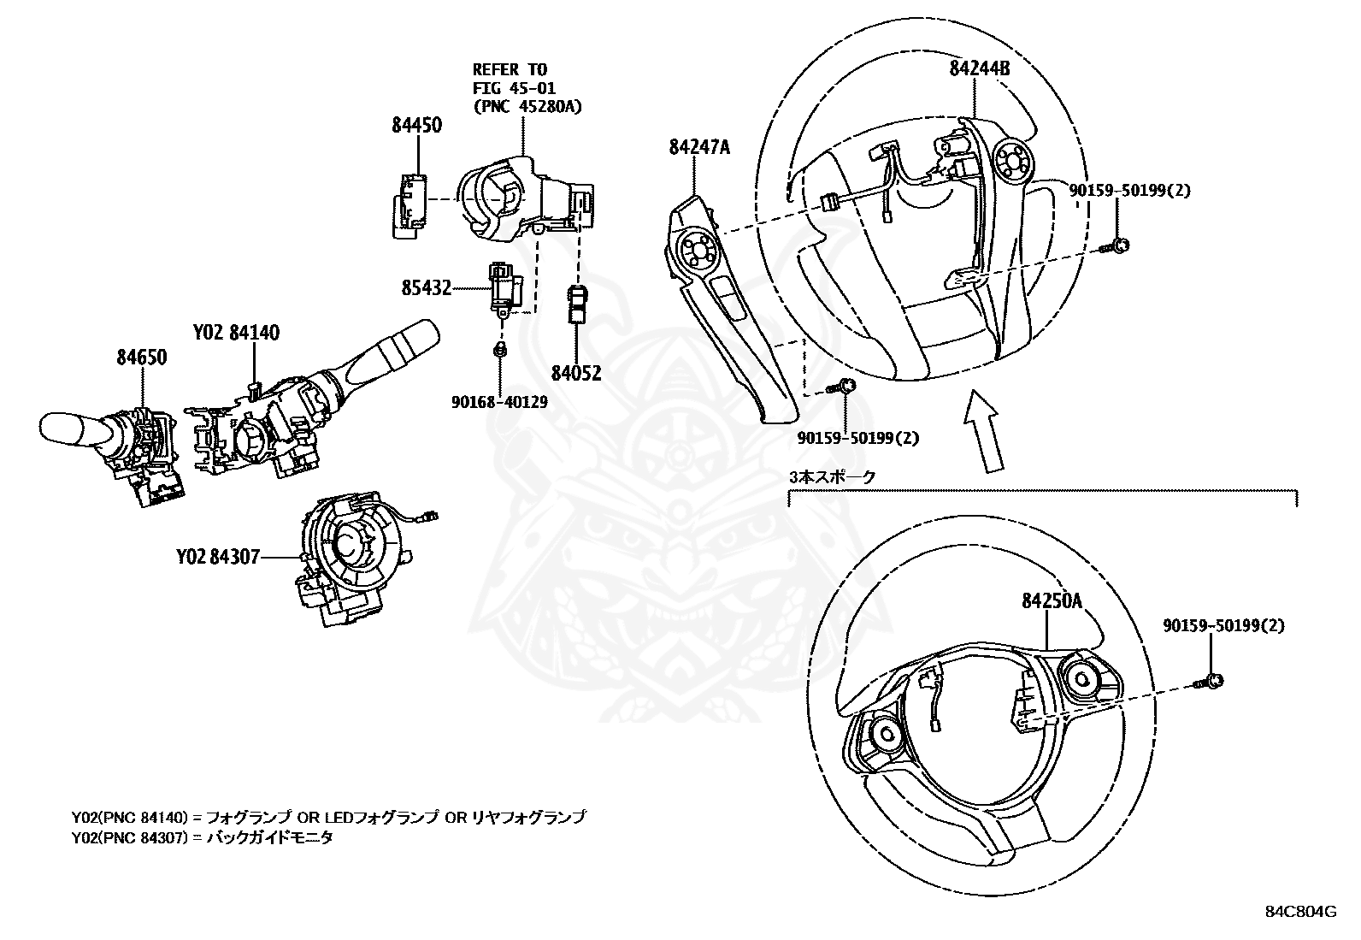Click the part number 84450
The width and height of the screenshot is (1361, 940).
click(x=417, y=125)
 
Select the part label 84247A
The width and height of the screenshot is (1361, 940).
click(x=699, y=147)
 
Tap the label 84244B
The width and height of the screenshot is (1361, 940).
click(x=980, y=68)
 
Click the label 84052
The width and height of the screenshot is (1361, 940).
click(x=576, y=374)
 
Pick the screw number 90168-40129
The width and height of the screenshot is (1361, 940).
click(x=499, y=401)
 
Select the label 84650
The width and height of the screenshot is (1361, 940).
click(x=142, y=357)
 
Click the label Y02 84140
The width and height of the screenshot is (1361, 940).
click(x=236, y=333)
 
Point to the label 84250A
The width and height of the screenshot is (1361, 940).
click(x=1052, y=600)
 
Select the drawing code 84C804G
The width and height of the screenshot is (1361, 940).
click(x=1300, y=911)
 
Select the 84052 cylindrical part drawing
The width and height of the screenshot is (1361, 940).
click(x=577, y=304)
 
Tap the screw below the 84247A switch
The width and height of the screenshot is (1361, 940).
click(x=843, y=387)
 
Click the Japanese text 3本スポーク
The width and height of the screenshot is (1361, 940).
click(x=832, y=477)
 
